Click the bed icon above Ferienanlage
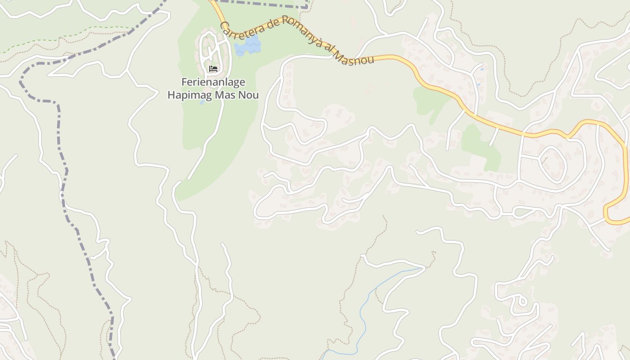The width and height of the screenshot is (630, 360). (x=213, y=69)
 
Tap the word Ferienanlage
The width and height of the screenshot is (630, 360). (x=213, y=82)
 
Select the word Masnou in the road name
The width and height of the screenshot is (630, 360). (x=355, y=59)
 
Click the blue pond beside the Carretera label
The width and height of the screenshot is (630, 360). (x=248, y=46)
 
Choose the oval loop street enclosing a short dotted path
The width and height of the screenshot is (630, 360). (x=553, y=163)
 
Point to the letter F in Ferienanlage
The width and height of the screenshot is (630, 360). (x=184, y=82)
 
